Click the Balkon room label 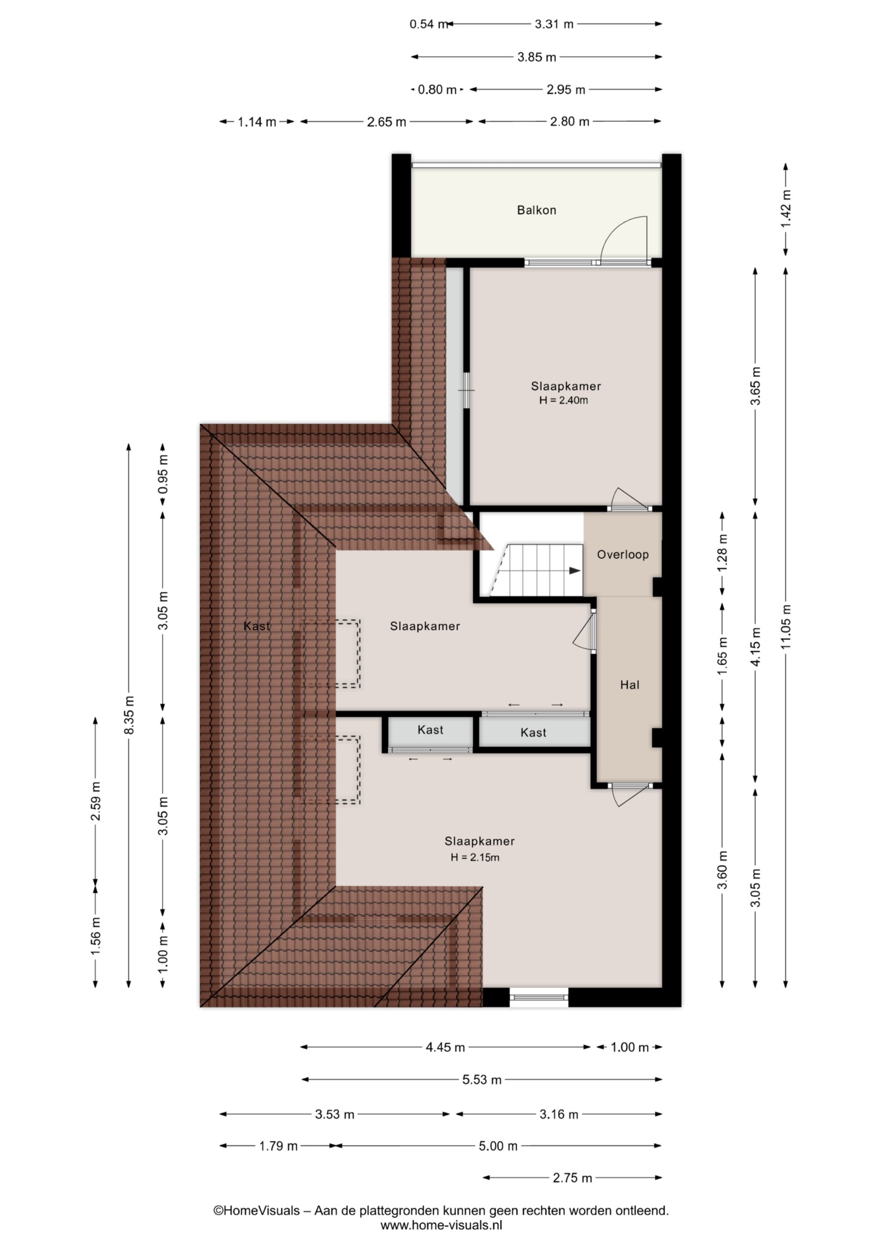tap(537, 210)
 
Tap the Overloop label tap(623, 554)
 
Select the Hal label tap(630, 685)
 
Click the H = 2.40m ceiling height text tap(564, 400)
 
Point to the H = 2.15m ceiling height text tap(476, 857)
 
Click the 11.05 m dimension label tap(786, 627)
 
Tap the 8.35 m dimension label tap(130, 715)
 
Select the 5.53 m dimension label tap(482, 1080)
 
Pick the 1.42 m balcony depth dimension tap(786, 208)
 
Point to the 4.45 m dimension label tap(446, 1047)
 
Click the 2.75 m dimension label tap(573, 1178)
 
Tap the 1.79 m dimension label tap(278, 1146)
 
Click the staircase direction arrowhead tap(575, 570)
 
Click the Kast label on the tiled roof tap(257, 626)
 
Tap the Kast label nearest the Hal tap(533, 733)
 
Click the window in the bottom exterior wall tap(539, 997)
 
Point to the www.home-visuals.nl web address tap(441, 1225)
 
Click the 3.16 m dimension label tap(559, 1114)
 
